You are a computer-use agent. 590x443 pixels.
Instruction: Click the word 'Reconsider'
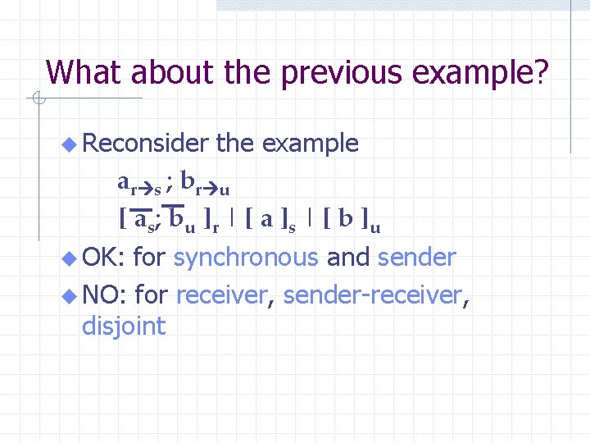coord(146,144)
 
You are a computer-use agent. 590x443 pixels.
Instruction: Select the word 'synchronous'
coord(246,258)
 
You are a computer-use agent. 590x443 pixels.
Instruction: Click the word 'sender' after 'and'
coord(416,258)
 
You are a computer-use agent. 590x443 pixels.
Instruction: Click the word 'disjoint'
coord(124,327)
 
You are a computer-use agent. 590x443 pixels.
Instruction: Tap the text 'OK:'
coord(102,258)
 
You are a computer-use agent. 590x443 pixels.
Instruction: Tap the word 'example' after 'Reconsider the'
coord(310,144)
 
